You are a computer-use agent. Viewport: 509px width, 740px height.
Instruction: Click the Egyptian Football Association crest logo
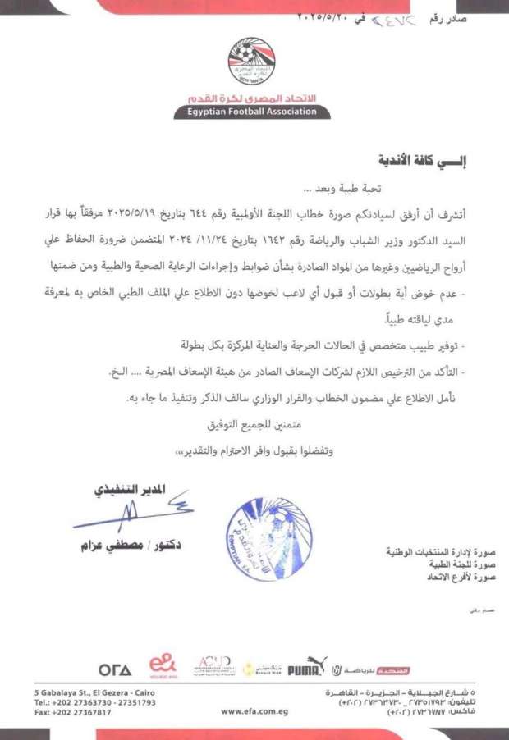tap(252, 61)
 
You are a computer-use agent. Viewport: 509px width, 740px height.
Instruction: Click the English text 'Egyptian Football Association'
tap(252, 112)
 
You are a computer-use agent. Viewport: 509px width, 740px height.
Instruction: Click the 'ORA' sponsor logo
tap(114, 669)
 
